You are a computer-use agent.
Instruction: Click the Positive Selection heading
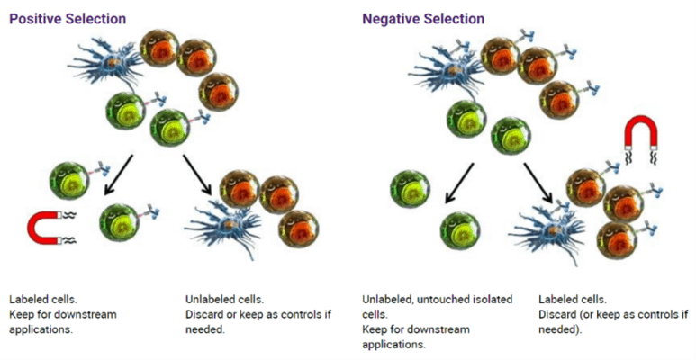click(68, 18)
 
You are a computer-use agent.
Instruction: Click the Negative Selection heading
click(423, 18)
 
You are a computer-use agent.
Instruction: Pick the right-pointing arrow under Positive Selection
click(199, 173)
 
